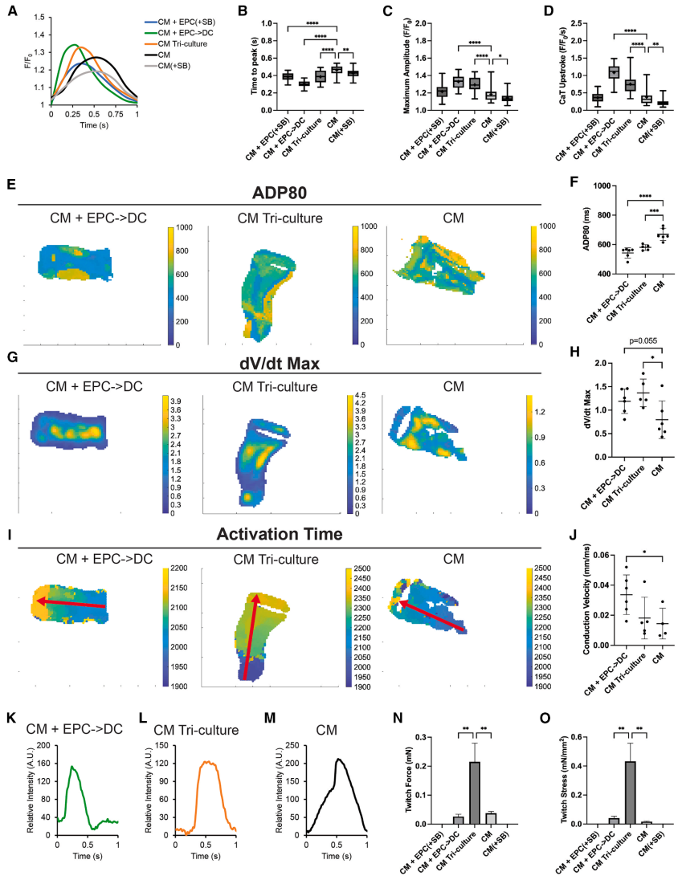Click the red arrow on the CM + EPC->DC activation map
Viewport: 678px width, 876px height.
(x=71, y=603)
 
